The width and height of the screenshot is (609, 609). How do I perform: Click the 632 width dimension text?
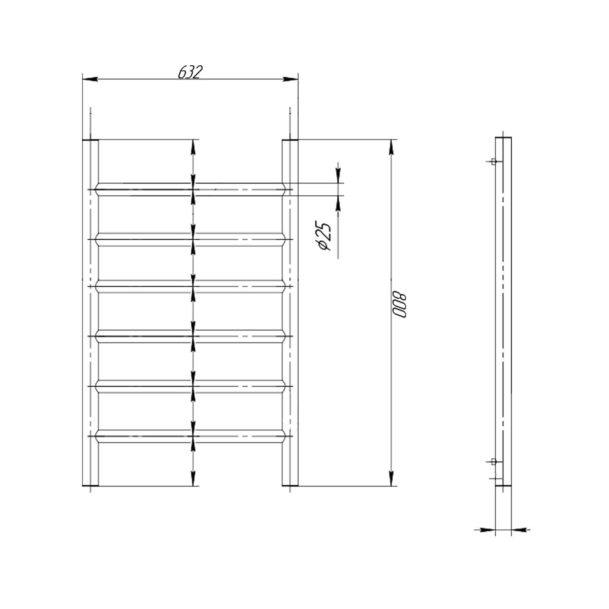(x=190, y=72)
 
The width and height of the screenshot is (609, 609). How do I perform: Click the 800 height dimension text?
(x=399, y=304)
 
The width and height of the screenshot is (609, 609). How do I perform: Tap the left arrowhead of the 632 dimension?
(x=90, y=79)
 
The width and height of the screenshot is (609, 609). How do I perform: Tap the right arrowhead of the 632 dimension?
(x=291, y=79)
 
